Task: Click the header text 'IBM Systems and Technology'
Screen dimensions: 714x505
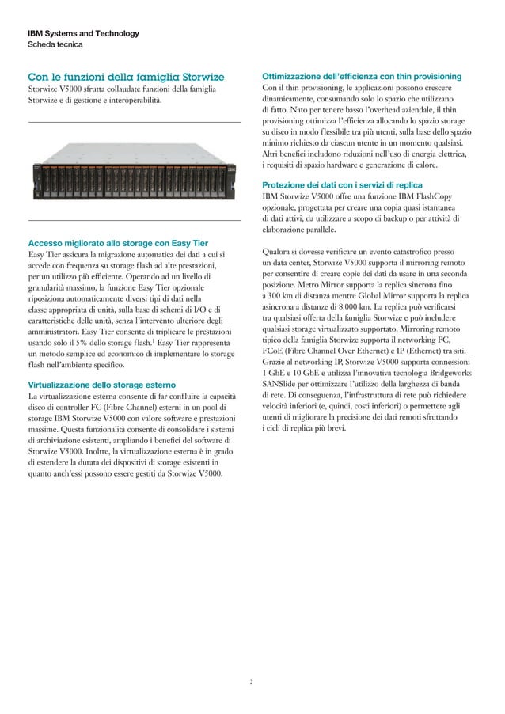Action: pyautogui.click(x=84, y=33)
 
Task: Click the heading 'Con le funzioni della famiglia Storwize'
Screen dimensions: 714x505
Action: pyautogui.click(x=126, y=77)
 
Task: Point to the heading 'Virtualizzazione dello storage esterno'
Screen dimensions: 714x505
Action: pyautogui.click(x=107, y=383)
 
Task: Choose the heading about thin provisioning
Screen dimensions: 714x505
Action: pyautogui.click(x=367, y=75)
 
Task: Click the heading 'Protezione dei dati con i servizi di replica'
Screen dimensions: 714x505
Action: pyautogui.click(x=363, y=184)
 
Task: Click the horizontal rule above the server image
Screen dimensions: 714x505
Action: pyautogui.click(x=134, y=122)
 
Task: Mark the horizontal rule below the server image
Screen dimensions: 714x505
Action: pyautogui.click(x=134, y=219)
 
